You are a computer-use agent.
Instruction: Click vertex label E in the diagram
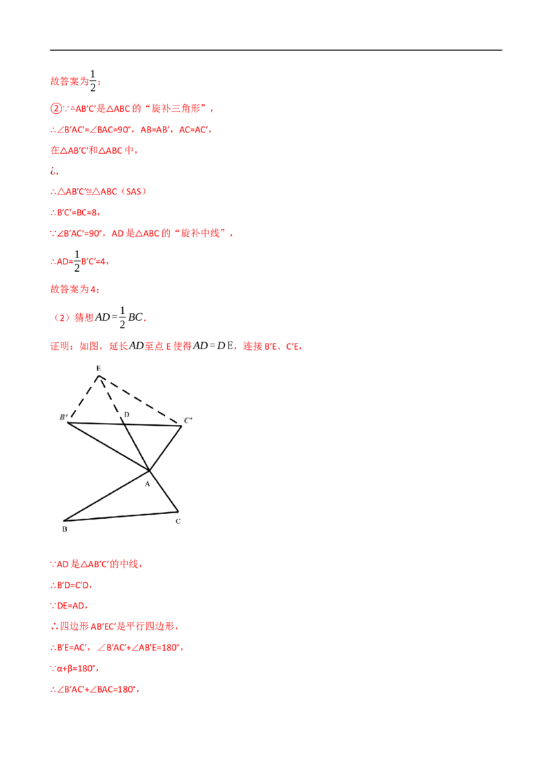pyautogui.click(x=99, y=368)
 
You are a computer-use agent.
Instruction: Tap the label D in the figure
pyautogui.click(x=126, y=415)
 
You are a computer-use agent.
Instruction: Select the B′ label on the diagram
pyautogui.click(x=63, y=417)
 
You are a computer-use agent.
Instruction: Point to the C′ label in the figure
pyautogui.click(x=188, y=420)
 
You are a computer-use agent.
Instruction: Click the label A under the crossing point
pyautogui.click(x=148, y=484)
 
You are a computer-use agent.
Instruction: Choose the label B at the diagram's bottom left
pyautogui.click(x=65, y=529)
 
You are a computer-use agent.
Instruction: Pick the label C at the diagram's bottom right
pyautogui.click(x=178, y=521)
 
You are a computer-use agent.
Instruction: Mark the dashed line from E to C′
pyautogui.click(x=140, y=400)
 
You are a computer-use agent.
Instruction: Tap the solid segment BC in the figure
pyautogui.click(x=121, y=516)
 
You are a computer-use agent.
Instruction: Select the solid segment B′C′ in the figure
pyautogui.click(x=125, y=424)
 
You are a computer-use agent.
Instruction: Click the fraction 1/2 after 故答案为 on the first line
pyautogui.click(x=92, y=80)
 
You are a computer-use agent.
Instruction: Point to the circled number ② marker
pyautogui.click(x=56, y=108)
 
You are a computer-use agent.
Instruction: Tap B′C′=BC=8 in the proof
pyautogui.click(x=78, y=212)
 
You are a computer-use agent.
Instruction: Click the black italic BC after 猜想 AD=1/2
pyautogui.click(x=135, y=317)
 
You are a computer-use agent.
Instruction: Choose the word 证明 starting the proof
pyautogui.click(x=60, y=346)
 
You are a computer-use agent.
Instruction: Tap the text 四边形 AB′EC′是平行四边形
pyautogui.click(x=117, y=626)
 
